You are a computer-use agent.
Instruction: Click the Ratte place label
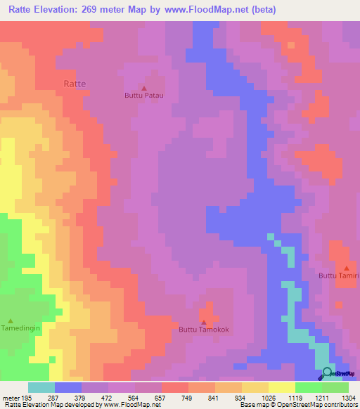point(75,83)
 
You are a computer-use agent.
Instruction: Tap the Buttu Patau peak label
point(143,96)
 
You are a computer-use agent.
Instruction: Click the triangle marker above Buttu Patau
point(143,89)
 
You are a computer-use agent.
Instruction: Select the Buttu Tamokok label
point(204,329)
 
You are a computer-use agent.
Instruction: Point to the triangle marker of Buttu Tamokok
point(204,322)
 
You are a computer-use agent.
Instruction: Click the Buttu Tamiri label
point(340,276)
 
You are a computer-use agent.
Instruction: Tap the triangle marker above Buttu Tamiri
point(347,268)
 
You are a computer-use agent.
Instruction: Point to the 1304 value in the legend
point(348,398)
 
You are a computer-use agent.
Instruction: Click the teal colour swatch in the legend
point(41,387)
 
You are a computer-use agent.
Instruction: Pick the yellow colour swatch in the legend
point(281,387)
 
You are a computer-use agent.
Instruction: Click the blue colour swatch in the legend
point(68,387)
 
